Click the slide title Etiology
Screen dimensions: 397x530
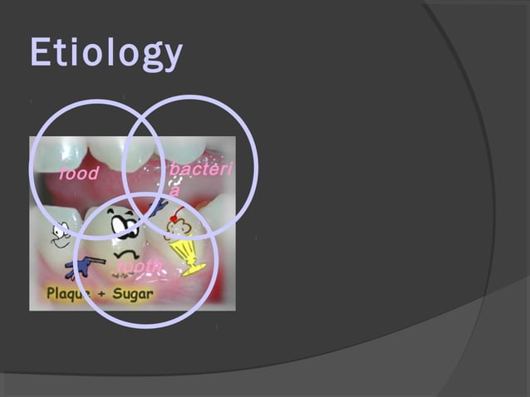[x=106, y=54]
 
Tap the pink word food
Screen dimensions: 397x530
[x=78, y=174]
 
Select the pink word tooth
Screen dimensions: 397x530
[x=139, y=266]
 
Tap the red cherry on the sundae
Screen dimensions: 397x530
[x=174, y=218]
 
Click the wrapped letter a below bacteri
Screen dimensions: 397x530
[x=174, y=190]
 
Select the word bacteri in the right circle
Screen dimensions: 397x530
[x=200, y=169]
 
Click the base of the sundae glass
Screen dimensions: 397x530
[x=194, y=269]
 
